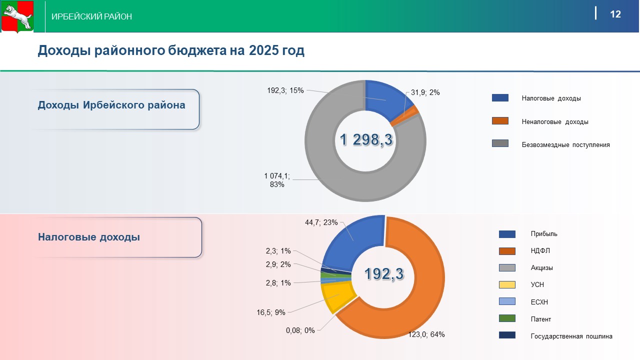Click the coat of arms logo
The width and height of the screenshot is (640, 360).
click(17, 16)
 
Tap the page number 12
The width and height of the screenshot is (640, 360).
click(615, 14)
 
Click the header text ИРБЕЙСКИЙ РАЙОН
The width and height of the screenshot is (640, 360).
click(92, 16)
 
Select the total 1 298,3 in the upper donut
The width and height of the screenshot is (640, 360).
click(366, 140)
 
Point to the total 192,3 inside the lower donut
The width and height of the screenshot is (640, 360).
click(383, 273)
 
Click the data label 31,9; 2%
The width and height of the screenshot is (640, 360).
click(425, 92)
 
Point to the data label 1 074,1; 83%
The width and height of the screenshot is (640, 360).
click(277, 180)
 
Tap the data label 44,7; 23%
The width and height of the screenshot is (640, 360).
click(321, 222)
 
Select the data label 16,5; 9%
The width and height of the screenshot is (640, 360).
click(271, 312)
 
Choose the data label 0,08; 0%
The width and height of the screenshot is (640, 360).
click(300, 330)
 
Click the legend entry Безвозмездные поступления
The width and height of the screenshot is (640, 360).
click(565, 145)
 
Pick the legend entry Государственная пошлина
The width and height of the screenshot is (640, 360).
click(571, 336)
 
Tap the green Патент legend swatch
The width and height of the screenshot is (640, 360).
click(507, 318)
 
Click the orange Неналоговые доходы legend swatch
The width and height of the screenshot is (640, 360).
click(500, 121)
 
